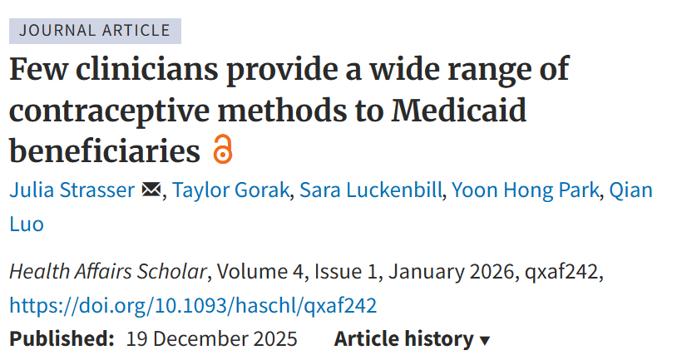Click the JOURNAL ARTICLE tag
coord(95,31)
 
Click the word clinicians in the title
coord(140,69)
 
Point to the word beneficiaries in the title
coord(105,151)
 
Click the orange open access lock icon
coord(222,150)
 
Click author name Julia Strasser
coord(72,190)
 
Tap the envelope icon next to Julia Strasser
coord(151,190)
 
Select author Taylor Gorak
coord(231,190)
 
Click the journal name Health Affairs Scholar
coord(108,272)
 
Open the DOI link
coord(193,305)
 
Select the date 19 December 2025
coord(211,339)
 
